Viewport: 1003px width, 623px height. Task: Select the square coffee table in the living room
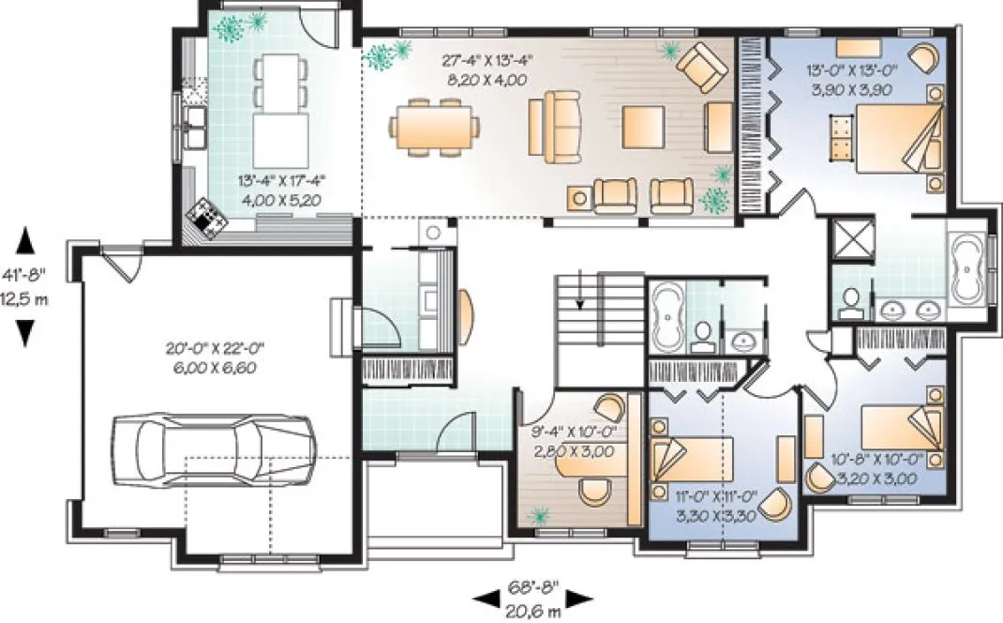coord(644,126)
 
